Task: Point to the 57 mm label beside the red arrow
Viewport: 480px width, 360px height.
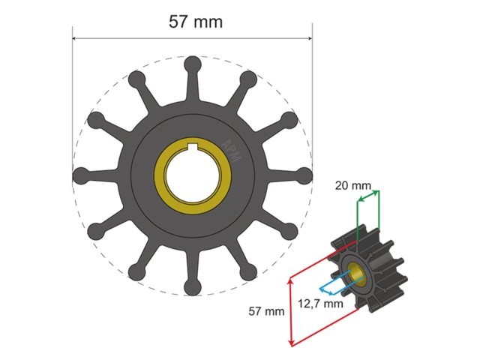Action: (x=266, y=310)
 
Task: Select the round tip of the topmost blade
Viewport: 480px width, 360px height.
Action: (x=192, y=64)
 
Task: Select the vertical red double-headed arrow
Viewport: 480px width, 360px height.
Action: (x=291, y=311)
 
